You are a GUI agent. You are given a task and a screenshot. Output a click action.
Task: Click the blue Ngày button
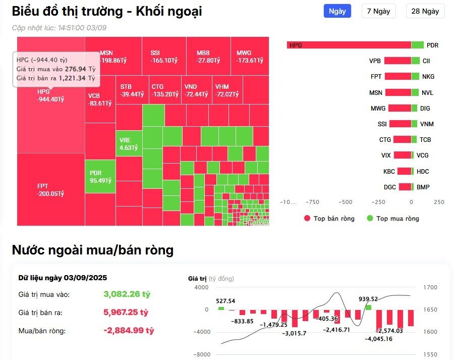pos(337,11)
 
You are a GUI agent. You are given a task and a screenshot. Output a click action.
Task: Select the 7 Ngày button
pos(378,11)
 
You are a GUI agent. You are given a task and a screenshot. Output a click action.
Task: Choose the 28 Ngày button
pos(425,11)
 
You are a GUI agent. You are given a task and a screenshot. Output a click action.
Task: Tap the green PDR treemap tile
pos(100,176)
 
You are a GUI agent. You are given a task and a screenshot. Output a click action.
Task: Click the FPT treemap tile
pos(50,189)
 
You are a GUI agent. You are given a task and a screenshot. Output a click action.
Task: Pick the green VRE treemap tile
pos(129,143)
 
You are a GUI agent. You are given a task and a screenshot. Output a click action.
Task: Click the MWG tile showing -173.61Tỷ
pos(250,56)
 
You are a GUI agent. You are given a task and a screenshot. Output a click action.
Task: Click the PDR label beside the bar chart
pos(432,45)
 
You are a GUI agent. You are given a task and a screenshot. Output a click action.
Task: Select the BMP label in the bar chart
pos(423,187)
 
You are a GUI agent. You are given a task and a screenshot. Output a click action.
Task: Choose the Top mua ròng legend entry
pos(397,219)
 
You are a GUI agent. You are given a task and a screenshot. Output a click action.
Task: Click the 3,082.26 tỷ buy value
pos(127,294)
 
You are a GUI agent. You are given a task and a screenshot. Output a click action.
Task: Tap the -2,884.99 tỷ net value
pos(129,331)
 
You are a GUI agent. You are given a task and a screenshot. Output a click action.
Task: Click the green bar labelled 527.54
pos(221,307)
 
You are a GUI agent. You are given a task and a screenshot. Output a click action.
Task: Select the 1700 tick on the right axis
pos(432,287)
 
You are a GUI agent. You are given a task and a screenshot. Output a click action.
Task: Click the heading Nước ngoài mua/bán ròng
pos(93,249)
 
